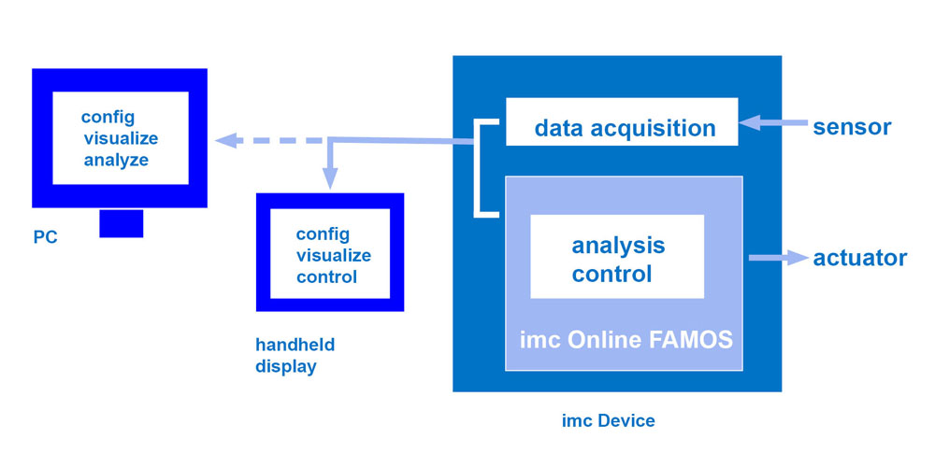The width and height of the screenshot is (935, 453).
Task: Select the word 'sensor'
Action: coord(852,126)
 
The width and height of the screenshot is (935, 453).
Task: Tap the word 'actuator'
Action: coord(859,258)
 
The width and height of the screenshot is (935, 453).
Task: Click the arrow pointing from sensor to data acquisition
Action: coord(771,122)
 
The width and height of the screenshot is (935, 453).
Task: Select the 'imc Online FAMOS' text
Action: coord(626,337)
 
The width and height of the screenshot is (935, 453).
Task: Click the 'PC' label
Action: coord(45,237)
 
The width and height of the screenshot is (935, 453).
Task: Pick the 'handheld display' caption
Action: coord(295,355)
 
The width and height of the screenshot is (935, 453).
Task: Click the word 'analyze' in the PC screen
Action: coord(116,160)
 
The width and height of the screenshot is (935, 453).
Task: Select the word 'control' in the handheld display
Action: coord(326,276)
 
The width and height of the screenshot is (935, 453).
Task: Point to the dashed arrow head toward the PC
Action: coord(225,141)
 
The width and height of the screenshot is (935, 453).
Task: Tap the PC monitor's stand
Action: coord(121,223)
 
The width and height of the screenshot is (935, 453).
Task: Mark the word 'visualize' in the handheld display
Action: coord(334,255)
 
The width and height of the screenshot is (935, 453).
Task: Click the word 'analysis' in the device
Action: coord(618,246)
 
